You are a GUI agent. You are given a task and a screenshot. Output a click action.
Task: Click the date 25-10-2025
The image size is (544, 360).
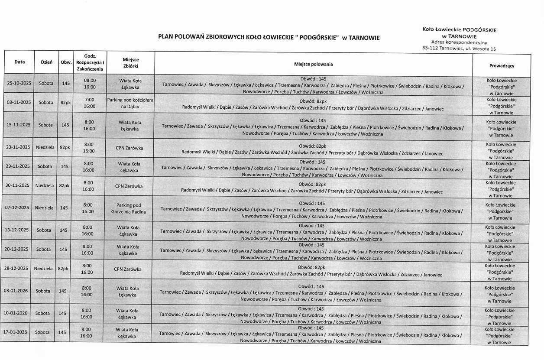tap(19, 83)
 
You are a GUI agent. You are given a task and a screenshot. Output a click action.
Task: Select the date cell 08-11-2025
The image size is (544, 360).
tap(19, 103)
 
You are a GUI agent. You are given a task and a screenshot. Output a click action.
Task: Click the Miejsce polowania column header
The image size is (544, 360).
tap(313, 64)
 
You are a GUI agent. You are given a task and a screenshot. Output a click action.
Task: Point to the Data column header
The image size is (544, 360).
tap(19, 62)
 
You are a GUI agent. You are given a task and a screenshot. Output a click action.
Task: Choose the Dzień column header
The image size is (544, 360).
tap(46, 62)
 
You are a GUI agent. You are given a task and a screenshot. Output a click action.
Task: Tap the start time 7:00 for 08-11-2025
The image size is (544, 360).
tap(90, 100)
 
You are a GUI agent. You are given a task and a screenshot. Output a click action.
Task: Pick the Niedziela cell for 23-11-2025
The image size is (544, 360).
tap(45, 147)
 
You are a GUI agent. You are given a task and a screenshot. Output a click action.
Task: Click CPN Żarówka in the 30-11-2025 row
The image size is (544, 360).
tap(129, 186)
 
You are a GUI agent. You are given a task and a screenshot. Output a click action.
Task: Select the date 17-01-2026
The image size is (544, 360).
tap(16, 332)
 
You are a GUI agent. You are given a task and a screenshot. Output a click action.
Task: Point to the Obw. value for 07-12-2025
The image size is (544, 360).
tap(64, 208)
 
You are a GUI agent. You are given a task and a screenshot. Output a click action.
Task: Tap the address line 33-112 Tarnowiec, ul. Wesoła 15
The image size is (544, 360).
tap(459, 49)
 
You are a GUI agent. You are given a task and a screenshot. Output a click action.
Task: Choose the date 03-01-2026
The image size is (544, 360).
tap(16, 291)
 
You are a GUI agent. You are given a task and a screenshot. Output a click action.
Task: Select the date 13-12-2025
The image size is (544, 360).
tap(17, 230)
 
